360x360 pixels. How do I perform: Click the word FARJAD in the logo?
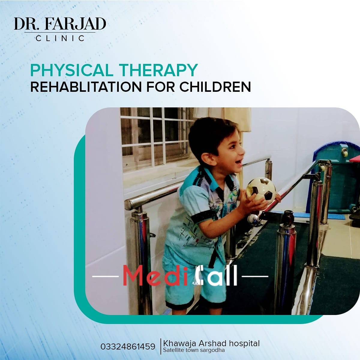point(76,24)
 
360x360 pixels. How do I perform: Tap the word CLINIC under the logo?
point(60,38)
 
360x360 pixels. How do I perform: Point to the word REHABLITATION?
point(86,87)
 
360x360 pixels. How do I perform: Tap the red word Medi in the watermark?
point(155,276)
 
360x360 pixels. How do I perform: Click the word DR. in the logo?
point(28,24)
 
